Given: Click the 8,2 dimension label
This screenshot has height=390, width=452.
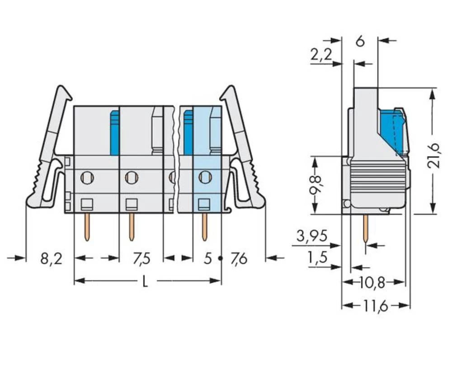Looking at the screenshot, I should (x=51, y=259).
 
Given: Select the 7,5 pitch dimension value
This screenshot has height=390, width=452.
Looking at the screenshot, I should (x=141, y=259).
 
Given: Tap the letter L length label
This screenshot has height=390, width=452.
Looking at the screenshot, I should (x=145, y=281).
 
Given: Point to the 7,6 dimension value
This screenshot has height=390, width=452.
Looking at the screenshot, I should (x=239, y=259).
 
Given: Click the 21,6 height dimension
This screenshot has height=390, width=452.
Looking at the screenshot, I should (x=434, y=155).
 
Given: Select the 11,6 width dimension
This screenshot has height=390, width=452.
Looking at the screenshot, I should (x=376, y=306).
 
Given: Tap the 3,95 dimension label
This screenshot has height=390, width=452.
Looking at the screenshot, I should (x=312, y=235).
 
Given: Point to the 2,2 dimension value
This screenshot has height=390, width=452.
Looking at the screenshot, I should (x=321, y=55).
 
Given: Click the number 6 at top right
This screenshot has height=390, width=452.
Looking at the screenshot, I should (x=360, y=41).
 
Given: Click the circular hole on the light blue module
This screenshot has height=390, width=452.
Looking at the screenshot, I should (x=205, y=177).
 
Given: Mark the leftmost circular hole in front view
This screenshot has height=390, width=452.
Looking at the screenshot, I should (x=87, y=177).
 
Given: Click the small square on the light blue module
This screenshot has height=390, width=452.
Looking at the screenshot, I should (x=205, y=204).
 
